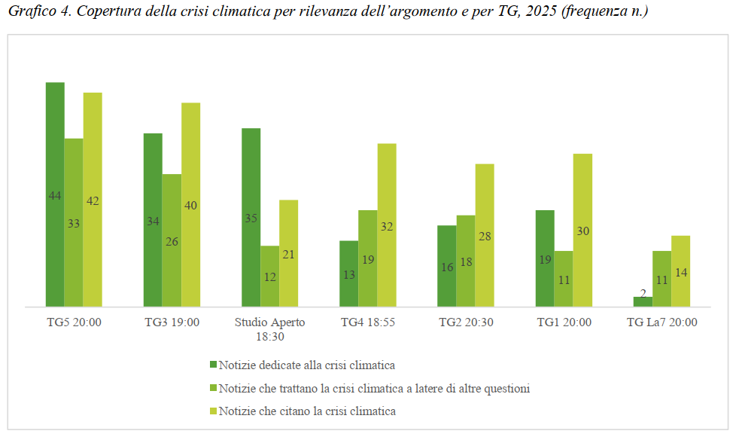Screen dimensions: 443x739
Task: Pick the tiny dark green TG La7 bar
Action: (643, 301)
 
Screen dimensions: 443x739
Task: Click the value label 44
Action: (55, 196)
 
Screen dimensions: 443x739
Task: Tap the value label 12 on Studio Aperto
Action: (269, 276)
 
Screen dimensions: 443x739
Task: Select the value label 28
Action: (485, 236)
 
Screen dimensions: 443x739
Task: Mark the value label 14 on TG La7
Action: (680, 272)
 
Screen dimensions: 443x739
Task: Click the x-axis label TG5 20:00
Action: (73, 322)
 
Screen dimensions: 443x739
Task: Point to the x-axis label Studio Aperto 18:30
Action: (269, 328)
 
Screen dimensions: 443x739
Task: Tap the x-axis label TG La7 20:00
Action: (661, 322)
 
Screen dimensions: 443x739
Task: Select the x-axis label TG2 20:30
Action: (466, 322)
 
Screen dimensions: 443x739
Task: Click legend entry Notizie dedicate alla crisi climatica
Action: (306, 365)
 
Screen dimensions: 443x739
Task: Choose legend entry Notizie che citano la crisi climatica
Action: (306, 411)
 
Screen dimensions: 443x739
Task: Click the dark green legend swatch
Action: (213, 365)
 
